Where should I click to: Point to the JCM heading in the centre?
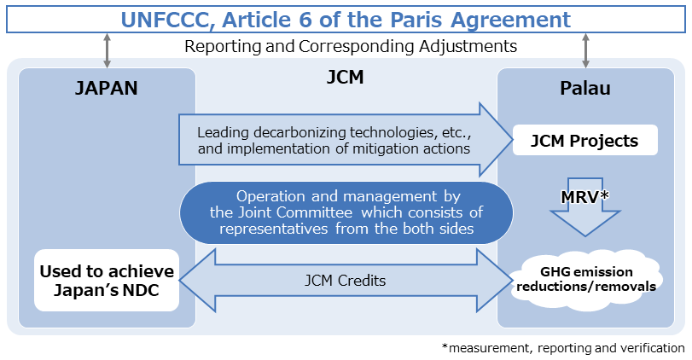pyautogui.click(x=345, y=78)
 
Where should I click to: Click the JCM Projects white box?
pyautogui.click(x=585, y=141)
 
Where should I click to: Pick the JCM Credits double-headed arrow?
pyautogui.click(x=345, y=280)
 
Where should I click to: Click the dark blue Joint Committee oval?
pyautogui.click(x=345, y=212)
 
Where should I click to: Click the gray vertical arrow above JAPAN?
pyautogui.click(x=107, y=50)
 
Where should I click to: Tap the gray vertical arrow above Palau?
pyautogui.click(x=585, y=50)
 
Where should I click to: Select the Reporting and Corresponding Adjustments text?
pyautogui.click(x=350, y=46)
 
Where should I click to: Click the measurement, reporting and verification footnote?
pyautogui.click(x=563, y=348)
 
